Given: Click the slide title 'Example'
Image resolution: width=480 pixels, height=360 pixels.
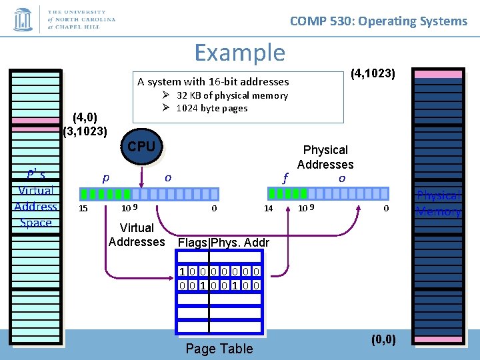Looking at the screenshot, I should tap(239, 52).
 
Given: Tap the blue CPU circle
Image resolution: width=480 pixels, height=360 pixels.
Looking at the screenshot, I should tap(141, 147).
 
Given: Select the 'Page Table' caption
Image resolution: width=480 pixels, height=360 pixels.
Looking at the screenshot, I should tap(219, 348).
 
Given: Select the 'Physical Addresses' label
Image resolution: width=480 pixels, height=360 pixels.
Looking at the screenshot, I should tap(325, 157).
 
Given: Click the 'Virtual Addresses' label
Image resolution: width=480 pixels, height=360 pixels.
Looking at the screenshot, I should tap(137, 235).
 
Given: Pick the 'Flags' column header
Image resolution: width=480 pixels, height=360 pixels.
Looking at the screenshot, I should tap(193, 243).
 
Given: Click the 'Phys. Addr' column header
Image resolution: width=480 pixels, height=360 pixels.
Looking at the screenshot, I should tap(240, 243).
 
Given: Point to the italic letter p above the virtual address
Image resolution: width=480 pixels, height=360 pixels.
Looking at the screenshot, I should tap(105, 179).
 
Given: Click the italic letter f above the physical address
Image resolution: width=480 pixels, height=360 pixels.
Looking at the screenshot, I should tap(285, 178).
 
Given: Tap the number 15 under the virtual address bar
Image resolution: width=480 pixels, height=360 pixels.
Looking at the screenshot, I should tap(83, 209).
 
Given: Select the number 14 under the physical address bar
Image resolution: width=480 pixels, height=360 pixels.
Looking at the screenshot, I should tap(268, 209).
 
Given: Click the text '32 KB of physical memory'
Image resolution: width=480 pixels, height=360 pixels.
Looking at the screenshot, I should tap(232, 95).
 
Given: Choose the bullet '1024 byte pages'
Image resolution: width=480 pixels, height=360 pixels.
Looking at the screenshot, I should tap(211, 108).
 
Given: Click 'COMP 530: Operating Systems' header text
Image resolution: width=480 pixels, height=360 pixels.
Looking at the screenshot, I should tap(378, 21).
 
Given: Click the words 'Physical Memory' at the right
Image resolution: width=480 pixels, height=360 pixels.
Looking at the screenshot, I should tap(439, 203).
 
